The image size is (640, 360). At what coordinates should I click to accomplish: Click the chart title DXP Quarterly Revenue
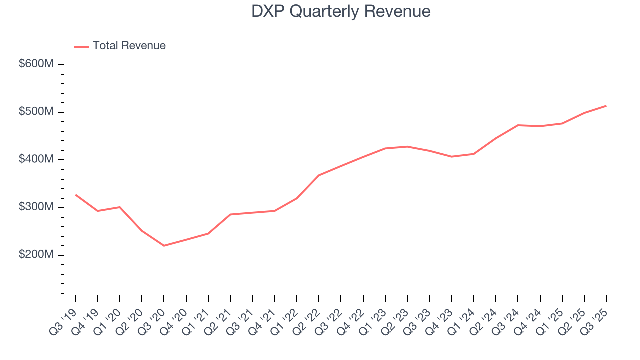pos(341,11)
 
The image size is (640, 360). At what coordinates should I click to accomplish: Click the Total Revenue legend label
pos(129,46)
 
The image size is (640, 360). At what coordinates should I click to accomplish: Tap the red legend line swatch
pos(81,46)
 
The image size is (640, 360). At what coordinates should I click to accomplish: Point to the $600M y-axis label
pos(36,64)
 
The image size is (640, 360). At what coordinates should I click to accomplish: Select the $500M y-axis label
pos(36,112)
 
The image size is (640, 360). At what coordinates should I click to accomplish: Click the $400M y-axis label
pos(36,159)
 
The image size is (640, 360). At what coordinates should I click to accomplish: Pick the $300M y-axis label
pos(36,207)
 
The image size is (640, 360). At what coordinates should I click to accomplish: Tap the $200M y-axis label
pos(36,255)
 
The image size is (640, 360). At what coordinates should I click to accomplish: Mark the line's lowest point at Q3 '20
pos(164,245)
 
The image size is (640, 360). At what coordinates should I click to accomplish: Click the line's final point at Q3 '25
pos(606,106)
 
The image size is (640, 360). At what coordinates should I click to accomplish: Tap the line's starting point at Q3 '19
pos(75,195)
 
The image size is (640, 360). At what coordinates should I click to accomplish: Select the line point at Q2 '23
pos(407,147)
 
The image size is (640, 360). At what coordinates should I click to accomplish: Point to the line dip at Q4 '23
pos(451,157)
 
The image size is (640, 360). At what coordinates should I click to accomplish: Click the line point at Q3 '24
pos(518,125)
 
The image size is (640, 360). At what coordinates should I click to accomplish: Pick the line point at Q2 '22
pos(319,175)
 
